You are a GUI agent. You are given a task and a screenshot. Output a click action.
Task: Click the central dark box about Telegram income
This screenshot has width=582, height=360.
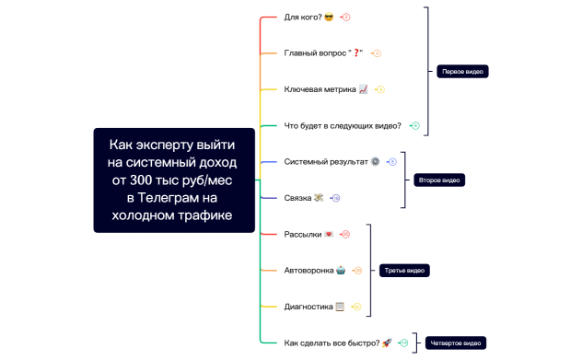[173, 180]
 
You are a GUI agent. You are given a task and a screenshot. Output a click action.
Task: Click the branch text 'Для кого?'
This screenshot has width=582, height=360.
[303, 17]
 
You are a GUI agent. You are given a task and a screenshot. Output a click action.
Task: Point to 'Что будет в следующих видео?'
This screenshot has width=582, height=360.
[343, 125]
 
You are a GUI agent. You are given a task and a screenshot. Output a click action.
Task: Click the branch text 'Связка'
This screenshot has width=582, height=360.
[297, 197]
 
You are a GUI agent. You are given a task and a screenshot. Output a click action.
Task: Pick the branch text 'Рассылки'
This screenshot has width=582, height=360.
[302, 234]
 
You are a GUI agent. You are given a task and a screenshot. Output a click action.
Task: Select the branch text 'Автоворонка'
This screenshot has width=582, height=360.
[308, 270]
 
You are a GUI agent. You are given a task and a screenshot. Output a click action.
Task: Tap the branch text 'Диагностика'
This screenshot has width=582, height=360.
[308, 306]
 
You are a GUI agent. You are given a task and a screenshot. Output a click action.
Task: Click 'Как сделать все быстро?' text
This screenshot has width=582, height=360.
[332, 343]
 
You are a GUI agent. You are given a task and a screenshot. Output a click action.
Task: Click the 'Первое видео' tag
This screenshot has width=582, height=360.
[462, 71]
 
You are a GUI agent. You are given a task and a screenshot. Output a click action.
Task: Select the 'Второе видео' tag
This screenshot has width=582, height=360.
[438, 180]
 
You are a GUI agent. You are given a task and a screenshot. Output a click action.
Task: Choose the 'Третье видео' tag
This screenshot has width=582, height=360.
[404, 270]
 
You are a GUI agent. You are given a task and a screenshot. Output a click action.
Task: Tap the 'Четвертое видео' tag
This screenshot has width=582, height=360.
[455, 343]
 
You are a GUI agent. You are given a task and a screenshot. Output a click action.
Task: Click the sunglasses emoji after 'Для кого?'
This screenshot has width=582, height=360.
[329, 17]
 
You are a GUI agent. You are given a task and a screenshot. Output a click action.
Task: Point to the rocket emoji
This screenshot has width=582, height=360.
[387, 343]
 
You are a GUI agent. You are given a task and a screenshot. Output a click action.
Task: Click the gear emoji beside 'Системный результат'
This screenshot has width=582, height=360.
[375, 161]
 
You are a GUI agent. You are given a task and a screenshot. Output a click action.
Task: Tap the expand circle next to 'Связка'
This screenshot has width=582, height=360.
[336, 198]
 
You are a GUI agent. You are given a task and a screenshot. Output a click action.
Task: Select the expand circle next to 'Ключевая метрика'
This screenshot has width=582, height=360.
[380, 89]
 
